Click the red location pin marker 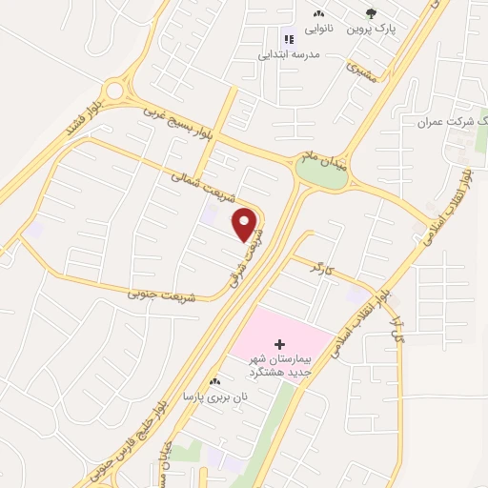click(x=247, y=224)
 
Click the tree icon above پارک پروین click(x=371, y=13)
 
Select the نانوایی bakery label click(x=318, y=30)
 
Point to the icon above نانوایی click(x=318, y=14)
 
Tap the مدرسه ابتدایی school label click(x=287, y=54)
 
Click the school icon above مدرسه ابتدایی click(x=287, y=39)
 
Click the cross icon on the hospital click(x=279, y=343)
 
